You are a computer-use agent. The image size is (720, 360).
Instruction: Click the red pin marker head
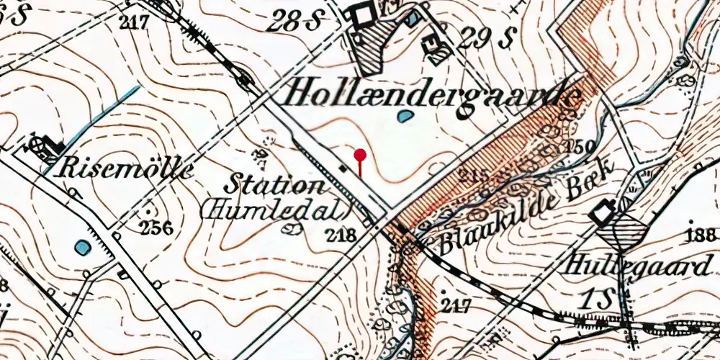pyautogui.click(x=361, y=153)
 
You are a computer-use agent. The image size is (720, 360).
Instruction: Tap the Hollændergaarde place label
pyautogui.click(x=433, y=93)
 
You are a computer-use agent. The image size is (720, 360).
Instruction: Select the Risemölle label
pyautogui.click(x=128, y=170)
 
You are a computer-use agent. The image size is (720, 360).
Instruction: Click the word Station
pyautogui.click(x=274, y=184)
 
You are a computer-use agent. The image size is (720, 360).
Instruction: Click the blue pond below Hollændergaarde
pyautogui.click(x=405, y=114)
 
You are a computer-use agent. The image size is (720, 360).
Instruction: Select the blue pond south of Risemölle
pyautogui.click(x=84, y=248)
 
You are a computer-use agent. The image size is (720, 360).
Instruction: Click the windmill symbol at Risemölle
pyautogui.click(x=37, y=147)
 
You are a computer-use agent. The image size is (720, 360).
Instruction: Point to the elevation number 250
pyautogui.click(x=579, y=147)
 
